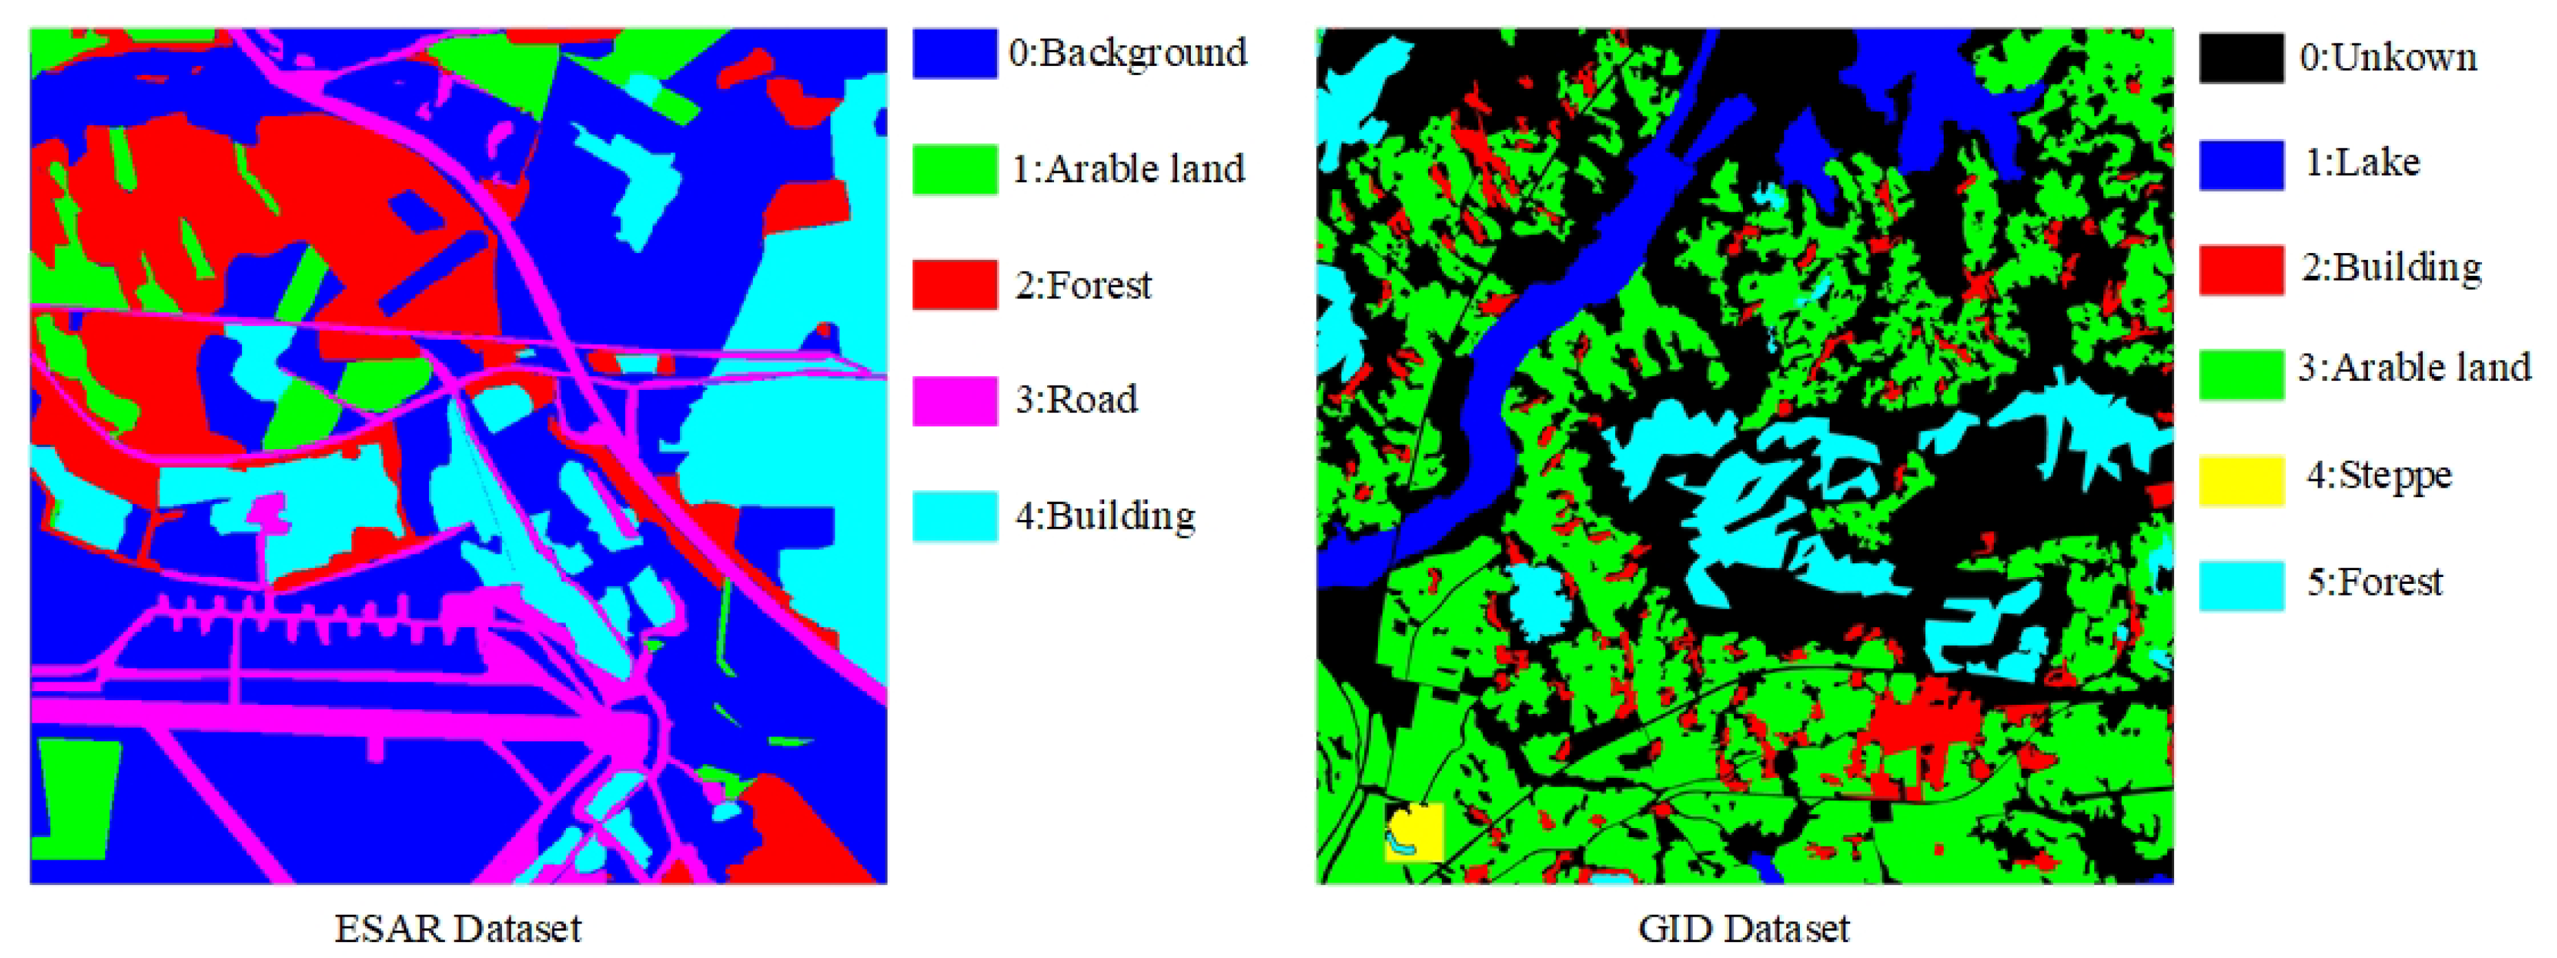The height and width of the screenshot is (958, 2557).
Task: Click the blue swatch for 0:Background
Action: click(954, 54)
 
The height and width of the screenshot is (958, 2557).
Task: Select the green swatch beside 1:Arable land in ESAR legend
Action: click(954, 168)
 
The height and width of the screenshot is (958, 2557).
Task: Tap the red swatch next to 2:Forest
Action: click(954, 285)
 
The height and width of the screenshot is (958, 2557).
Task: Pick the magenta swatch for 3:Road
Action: click(954, 400)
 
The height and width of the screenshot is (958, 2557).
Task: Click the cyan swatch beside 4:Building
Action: click(954, 515)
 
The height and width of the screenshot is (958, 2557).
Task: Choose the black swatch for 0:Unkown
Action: click(2240, 58)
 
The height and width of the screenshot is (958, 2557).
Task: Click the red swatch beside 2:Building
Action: click(2240, 269)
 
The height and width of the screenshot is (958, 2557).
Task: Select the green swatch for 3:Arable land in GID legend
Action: click(2240, 374)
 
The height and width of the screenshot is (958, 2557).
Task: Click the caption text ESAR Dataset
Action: click(458, 929)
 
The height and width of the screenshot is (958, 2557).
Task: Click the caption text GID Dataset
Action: click(1743, 929)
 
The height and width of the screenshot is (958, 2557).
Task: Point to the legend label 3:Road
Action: click(1076, 399)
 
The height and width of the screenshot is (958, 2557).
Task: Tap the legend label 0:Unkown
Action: click(2387, 58)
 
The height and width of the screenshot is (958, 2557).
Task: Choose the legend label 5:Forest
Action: click(2373, 582)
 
